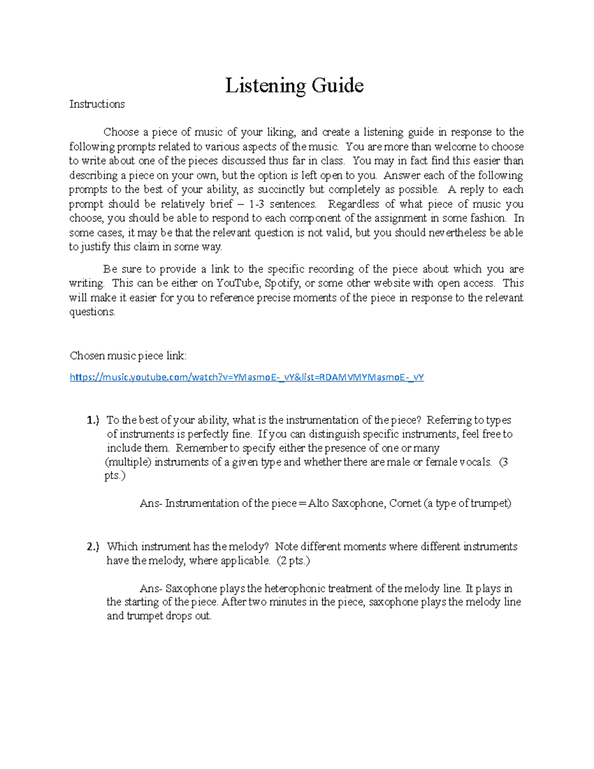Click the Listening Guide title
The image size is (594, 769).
coord(295,85)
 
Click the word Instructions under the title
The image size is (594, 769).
coord(97,104)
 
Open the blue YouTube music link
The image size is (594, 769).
coord(247,377)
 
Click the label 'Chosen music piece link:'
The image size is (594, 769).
coord(128,356)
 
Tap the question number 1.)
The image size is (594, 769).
coord(93,420)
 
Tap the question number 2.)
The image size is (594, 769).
coord(93,547)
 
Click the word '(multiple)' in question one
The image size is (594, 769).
coord(128,462)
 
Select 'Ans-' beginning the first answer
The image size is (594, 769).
coord(150,503)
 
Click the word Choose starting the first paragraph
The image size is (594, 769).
coord(121,132)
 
